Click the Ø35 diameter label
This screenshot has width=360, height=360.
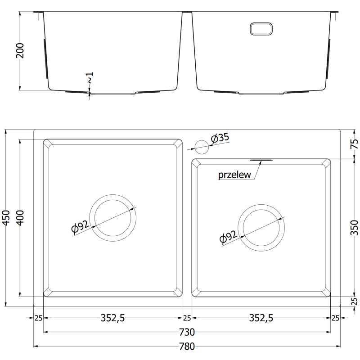point(220,139)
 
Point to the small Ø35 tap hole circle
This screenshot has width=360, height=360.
point(201,146)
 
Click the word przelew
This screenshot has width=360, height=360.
point(234,175)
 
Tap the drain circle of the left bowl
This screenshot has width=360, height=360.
point(112,217)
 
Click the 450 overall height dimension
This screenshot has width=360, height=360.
point(6,218)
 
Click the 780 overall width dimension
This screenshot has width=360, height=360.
point(187,346)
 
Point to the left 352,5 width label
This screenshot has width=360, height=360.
point(112,318)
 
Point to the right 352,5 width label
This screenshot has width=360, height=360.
point(261,318)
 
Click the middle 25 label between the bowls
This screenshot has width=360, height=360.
point(187,318)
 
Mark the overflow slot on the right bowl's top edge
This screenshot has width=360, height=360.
point(261,159)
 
